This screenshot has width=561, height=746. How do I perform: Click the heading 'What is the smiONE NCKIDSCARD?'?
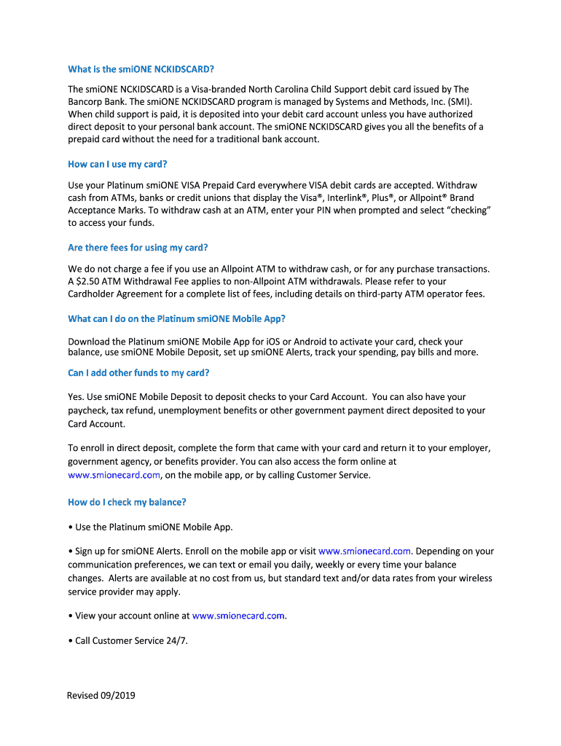tap(141, 70)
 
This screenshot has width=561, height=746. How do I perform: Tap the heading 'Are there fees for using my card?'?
tap(138, 248)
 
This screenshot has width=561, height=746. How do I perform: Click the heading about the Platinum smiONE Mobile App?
tap(176, 318)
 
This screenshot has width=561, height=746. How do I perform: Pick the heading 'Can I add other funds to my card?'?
tap(138, 373)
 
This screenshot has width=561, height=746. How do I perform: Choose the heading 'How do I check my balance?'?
tap(127, 502)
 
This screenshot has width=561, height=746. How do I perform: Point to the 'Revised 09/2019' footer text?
tap(101, 695)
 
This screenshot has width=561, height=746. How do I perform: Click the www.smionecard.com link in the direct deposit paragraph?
tap(114, 475)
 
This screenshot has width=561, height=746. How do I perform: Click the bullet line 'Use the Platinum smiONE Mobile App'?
tap(154, 527)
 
